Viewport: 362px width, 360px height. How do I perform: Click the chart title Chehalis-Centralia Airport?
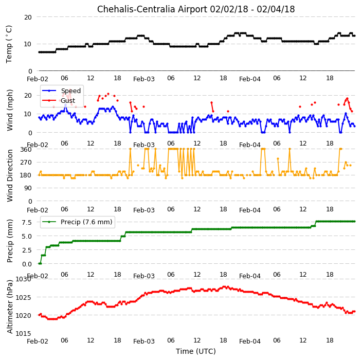pos(152,9)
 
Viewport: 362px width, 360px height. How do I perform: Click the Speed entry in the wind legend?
pos(71,91)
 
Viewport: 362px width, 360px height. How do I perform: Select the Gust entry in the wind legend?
pos(68,100)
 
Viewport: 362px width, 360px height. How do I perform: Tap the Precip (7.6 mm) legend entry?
pos(86,222)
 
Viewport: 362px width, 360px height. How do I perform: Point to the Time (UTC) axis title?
pos(196,351)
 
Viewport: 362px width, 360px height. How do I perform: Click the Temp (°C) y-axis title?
pos(9,44)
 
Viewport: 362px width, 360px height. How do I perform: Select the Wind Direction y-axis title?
pos(10,176)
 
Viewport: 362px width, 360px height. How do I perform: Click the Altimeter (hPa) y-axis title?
pos(10,307)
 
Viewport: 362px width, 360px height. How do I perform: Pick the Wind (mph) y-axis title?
pos(10,111)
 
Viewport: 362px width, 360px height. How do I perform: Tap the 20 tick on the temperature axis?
pos(28,17)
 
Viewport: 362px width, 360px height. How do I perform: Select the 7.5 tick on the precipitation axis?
pos(27,222)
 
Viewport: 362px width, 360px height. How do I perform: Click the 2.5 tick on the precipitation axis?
pos(27,250)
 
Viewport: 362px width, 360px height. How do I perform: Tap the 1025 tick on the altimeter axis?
pos(23,297)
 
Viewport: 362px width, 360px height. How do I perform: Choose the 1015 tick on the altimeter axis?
pos(23,333)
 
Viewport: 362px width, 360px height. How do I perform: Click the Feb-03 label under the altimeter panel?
pos(144,341)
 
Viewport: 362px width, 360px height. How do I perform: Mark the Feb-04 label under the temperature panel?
pos(250,79)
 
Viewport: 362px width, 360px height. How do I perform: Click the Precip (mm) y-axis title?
pos(10,241)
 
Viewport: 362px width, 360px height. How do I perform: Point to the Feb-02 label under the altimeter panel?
pos(38,341)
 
